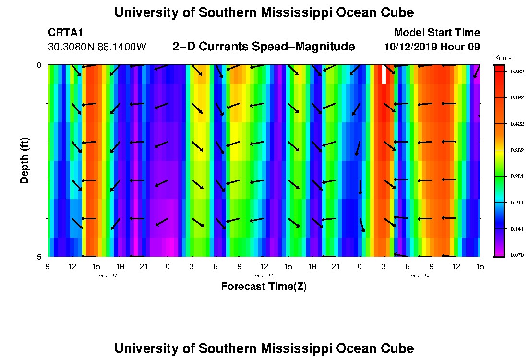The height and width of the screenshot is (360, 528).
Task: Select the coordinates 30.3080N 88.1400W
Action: click(97, 47)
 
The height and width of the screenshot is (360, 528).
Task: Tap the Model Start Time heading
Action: click(436, 33)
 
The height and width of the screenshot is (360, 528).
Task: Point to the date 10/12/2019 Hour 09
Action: click(432, 47)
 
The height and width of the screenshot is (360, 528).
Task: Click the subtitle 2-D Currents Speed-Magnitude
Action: click(264, 47)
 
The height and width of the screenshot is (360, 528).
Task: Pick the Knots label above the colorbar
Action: click(502, 58)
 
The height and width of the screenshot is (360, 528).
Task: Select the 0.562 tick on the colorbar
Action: click(514, 72)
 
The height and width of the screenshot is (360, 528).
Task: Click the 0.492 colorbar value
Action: click(514, 98)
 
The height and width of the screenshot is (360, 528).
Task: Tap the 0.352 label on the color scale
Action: click(514, 150)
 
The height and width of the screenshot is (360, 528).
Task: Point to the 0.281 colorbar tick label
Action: click(514, 177)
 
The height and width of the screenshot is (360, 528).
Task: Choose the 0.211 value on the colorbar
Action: click(514, 203)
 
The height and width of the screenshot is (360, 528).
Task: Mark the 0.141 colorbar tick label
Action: click(514, 229)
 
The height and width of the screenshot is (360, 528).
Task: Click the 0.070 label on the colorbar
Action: click(514, 255)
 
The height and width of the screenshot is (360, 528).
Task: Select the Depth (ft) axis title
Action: click(24, 161)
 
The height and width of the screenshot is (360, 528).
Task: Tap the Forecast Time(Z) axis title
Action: click(264, 287)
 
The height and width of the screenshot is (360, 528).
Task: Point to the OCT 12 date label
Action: click(108, 276)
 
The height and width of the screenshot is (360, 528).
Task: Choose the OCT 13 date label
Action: click(264, 276)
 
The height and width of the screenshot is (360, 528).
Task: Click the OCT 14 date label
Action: click(420, 276)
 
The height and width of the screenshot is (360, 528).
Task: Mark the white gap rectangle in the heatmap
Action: click(384, 74)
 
